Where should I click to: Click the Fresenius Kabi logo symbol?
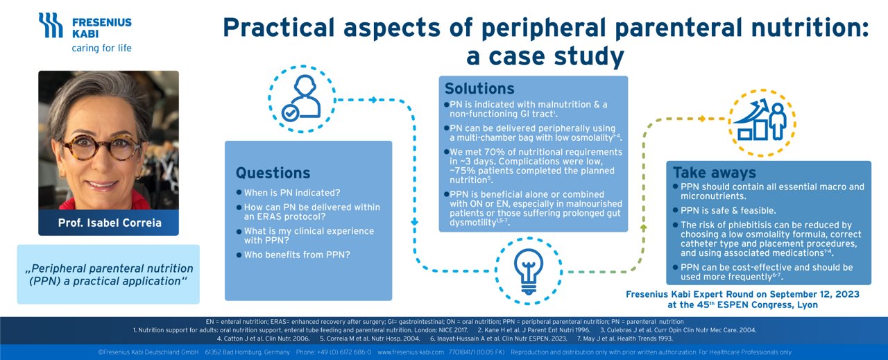(51, 26)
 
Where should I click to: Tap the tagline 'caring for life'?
(101, 49)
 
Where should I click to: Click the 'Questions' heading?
(273, 173)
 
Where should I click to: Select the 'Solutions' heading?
(479, 89)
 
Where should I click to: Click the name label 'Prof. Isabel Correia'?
(108, 223)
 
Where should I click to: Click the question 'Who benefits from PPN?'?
(297, 255)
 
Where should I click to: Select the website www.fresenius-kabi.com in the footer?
(410, 352)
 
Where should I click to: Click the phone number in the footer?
(343, 352)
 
